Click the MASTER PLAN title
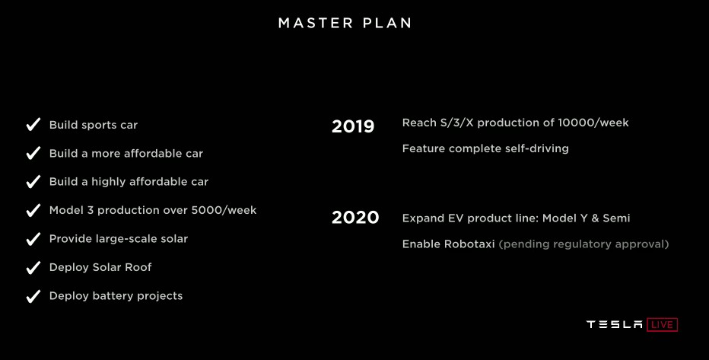pyautogui.click(x=345, y=23)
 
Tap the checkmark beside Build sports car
pyautogui.click(x=33, y=124)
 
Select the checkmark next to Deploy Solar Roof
pyautogui.click(x=33, y=267)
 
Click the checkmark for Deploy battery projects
pyautogui.click(x=33, y=296)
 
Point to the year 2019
pyautogui.click(x=353, y=126)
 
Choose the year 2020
pyautogui.click(x=355, y=218)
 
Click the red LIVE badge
pyautogui.click(x=662, y=325)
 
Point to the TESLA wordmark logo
pyautogui.click(x=614, y=325)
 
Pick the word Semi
pyautogui.click(x=616, y=218)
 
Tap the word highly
pyautogui.click(x=108, y=182)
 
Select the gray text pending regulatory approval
pyautogui.click(x=583, y=244)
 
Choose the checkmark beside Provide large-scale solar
pyautogui.click(x=33, y=239)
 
